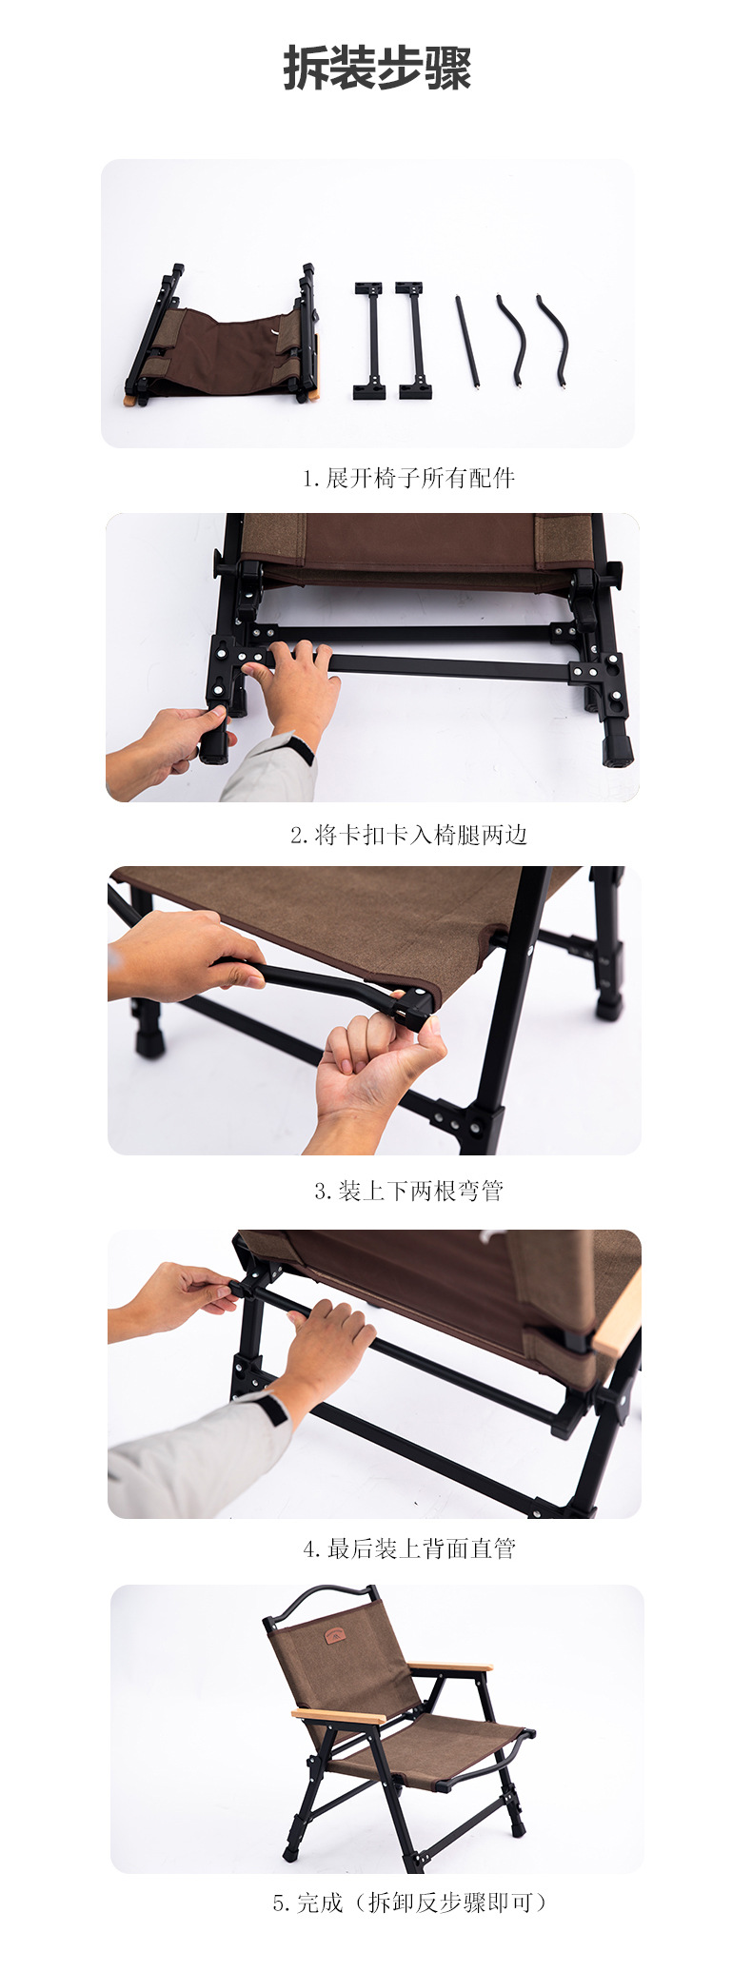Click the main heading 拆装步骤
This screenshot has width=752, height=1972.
coord(377,69)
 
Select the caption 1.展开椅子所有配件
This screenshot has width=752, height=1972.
coord(408,478)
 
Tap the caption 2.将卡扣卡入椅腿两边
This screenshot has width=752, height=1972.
coord(408,835)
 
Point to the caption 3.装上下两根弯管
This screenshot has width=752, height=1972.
coord(408,1191)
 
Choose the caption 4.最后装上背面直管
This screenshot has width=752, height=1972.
coord(408,1548)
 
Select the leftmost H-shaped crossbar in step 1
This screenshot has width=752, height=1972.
coord(369,339)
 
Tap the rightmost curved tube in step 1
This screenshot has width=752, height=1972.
coord(553,339)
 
